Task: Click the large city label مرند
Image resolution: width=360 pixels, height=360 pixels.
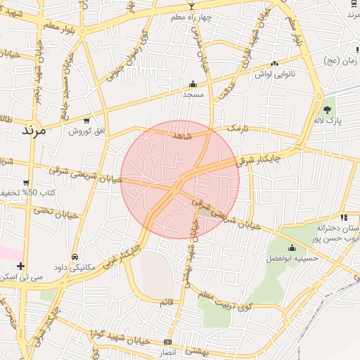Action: click(34, 131)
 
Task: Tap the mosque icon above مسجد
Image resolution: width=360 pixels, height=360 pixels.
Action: click(193, 83)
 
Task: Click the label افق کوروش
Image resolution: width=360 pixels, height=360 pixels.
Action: click(87, 131)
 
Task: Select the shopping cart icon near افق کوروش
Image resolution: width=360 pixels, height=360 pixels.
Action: click(86, 121)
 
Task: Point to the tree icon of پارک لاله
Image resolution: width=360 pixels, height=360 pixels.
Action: click(327, 109)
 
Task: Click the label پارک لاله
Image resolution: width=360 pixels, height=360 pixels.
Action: click(328, 121)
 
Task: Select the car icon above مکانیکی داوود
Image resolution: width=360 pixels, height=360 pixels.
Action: click(75, 257)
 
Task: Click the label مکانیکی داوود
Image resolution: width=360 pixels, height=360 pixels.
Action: click(75, 267)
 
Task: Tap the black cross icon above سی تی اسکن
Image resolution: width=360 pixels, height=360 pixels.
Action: click(22, 266)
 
